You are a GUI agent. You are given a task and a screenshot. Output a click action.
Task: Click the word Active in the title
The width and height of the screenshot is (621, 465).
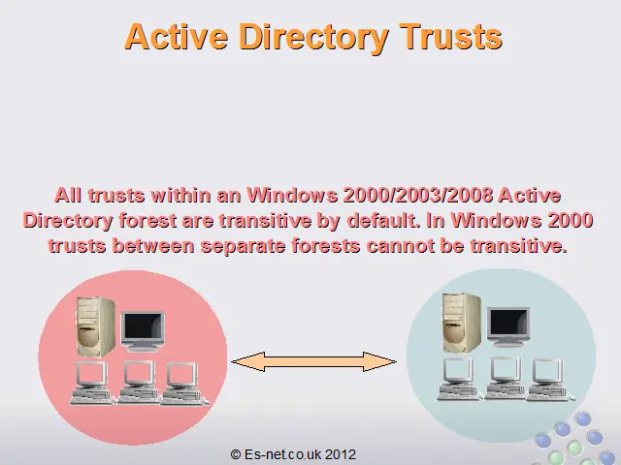[x=177, y=37]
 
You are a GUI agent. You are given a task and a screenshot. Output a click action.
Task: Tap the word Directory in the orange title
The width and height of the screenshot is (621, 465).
[x=313, y=39]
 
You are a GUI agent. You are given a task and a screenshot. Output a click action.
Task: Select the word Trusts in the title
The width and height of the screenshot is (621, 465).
[x=450, y=37]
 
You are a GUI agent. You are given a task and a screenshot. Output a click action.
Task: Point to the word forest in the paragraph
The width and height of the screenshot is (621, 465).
[x=147, y=220]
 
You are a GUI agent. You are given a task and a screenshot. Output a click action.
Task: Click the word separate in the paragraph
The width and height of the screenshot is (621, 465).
[x=243, y=246]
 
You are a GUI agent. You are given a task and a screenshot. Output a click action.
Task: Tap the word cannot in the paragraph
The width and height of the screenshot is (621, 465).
[x=401, y=246]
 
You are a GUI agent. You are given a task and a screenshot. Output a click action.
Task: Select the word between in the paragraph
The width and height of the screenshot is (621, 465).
[x=153, y=246]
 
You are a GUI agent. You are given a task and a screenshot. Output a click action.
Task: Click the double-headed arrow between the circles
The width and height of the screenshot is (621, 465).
[x=313, y=361]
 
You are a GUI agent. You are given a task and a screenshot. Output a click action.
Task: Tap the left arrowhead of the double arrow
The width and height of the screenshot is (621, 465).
[x=248, y=361]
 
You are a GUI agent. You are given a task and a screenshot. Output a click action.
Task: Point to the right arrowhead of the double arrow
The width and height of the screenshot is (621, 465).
[x=379, y=361]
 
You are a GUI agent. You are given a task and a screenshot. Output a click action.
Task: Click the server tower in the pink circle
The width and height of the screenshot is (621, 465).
[x=95, y=326]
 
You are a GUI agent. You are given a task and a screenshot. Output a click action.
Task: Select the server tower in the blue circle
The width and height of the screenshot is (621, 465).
[x=462, y=323]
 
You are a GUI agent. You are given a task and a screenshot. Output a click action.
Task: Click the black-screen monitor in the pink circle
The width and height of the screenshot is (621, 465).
[x=143, y=331]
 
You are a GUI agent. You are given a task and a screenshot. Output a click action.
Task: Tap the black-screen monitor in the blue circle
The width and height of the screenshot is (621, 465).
[x=508, y=327]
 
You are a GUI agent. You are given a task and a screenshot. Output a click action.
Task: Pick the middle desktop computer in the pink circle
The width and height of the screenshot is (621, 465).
[x=138, y=383]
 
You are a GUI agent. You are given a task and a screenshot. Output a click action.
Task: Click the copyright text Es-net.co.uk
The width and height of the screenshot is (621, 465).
[x=282, y=454]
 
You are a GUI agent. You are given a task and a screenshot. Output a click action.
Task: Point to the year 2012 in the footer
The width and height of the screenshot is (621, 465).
[x=341, y=454]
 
